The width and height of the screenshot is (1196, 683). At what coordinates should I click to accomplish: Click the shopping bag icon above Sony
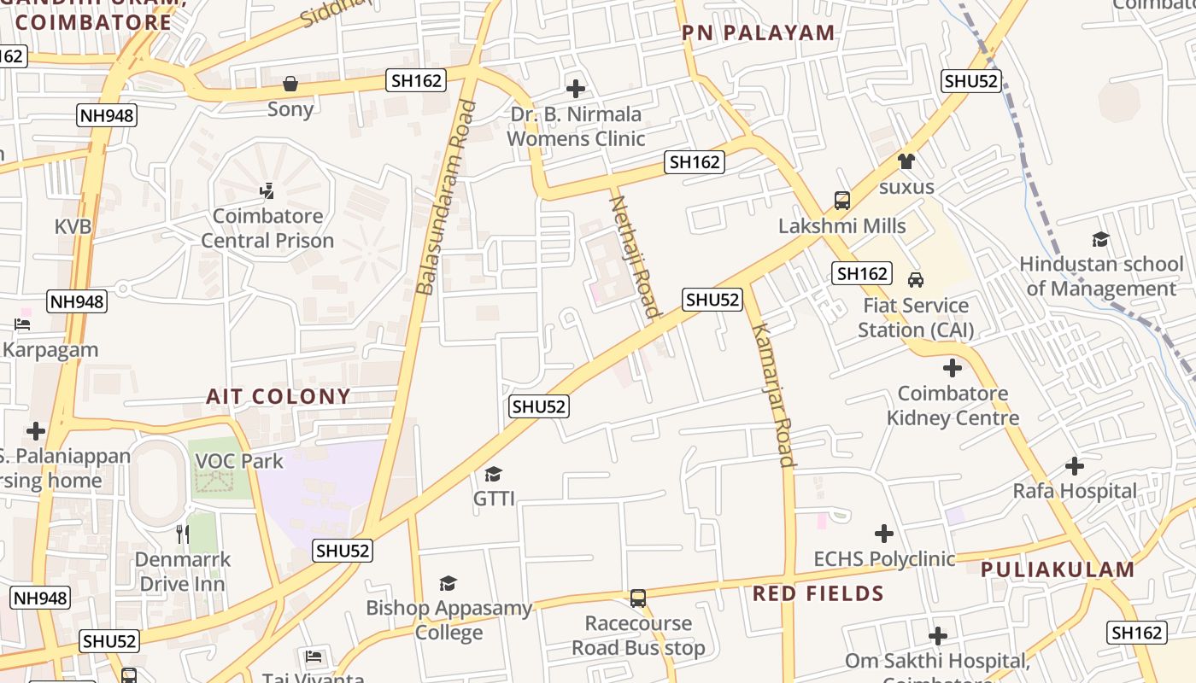coord(290,84)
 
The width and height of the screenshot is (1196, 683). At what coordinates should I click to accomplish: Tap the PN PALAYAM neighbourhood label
coord(758,33)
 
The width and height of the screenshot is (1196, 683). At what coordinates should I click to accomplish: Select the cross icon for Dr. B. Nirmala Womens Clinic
coord(576,88)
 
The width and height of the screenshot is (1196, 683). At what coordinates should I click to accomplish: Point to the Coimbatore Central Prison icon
coord(267,190)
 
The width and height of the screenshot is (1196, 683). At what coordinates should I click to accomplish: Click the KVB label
coord(73,227)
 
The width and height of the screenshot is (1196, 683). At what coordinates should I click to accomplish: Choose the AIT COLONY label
coord(278,396)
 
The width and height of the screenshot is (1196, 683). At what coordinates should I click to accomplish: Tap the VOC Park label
coord(239,461)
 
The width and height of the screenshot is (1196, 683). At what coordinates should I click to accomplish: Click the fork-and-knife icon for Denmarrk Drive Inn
coord(182,534)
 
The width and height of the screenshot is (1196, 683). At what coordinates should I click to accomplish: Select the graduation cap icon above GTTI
coord(494,474)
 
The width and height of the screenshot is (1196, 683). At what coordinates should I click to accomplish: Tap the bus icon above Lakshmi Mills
coord(842,201)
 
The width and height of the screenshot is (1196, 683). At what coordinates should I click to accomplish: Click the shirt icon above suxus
coord(906,161)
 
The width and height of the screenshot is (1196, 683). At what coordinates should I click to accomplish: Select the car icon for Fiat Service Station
coord(916,280)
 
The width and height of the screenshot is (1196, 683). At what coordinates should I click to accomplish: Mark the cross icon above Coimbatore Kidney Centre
coord(952,368)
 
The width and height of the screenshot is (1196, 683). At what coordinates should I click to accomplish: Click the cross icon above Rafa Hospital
coord(1075,466)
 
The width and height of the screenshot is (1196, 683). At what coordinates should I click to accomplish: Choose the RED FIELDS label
coord(818,593)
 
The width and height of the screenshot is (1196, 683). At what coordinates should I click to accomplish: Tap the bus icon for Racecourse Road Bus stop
coord(638,598)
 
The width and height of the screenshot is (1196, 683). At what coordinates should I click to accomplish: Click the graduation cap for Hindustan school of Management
coord(1100,240)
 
